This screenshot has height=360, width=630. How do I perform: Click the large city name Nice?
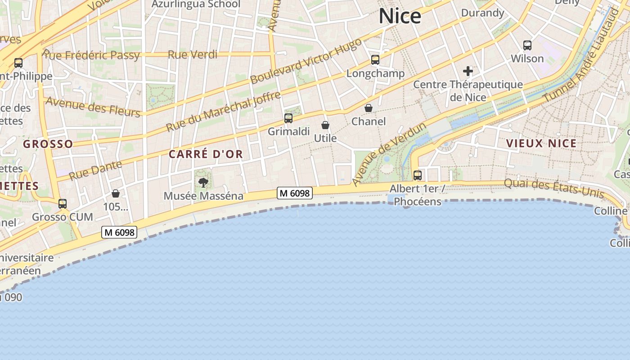(x=400, y=16)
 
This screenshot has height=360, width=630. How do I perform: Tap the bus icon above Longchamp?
(x=375, y=60)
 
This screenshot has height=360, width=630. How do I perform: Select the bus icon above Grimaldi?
(x=288, y=118)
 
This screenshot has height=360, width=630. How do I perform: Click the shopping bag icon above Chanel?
(x=369, y=108)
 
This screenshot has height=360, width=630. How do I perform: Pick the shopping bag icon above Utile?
(x=325, y=125)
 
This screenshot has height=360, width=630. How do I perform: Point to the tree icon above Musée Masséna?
(x=203, y=182)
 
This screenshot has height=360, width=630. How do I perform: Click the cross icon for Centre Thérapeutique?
(x=468, y=71)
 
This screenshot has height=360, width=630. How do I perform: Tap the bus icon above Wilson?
(x=527, y=45)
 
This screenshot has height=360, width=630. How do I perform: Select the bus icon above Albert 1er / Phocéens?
(x=418, y=175)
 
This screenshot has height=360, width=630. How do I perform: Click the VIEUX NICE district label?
(x=541, y=144)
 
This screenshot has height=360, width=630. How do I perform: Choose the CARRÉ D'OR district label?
(x=206, y=154)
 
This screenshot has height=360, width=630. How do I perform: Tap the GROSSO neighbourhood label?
(x=48, y=144)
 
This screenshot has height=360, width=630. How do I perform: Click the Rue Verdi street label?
(x=193, y=55)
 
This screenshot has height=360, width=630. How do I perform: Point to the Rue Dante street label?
(x=95, y=169)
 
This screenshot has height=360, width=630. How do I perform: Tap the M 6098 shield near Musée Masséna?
(x=294, y=193)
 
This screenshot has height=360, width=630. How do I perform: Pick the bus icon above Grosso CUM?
(x=63, y=204)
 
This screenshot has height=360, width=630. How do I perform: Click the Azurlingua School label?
(x=196, y=4)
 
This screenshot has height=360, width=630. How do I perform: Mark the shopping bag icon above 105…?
(x=116, y=193)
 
